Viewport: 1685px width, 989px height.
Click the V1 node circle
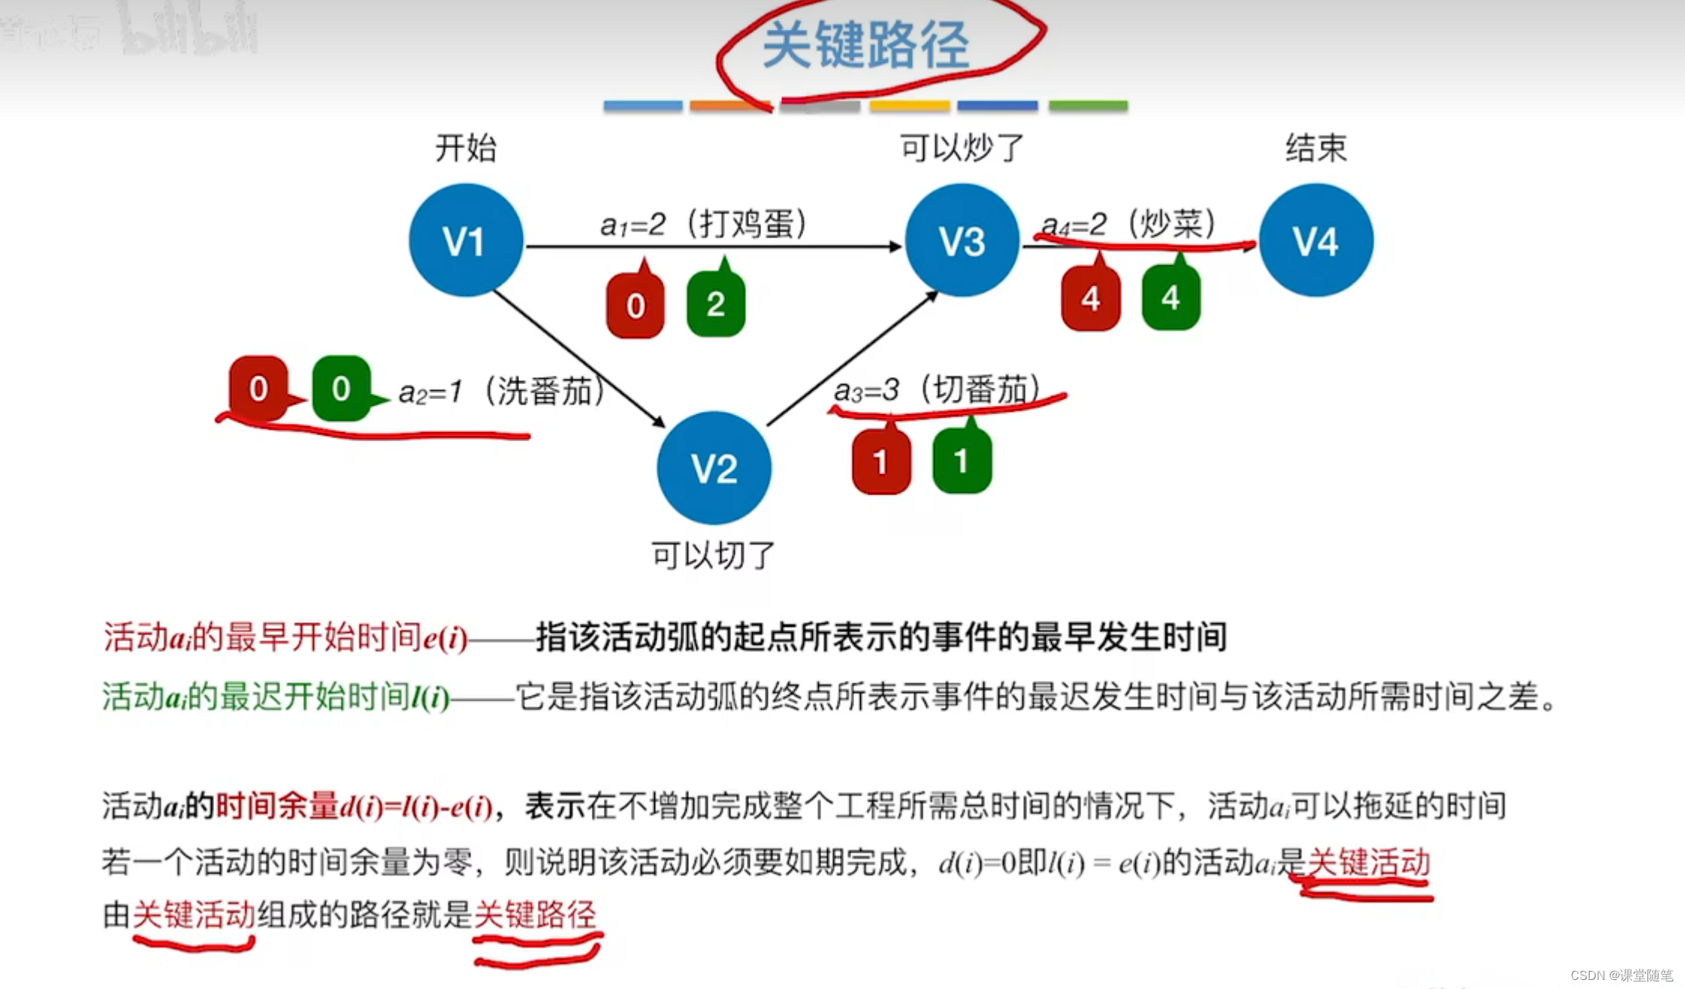point(466,240)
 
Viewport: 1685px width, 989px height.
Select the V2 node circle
point(714,467)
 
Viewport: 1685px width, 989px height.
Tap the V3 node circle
point(962,240)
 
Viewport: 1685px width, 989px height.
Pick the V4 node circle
point(1316,240)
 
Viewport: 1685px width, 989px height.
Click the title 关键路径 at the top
point(866,45)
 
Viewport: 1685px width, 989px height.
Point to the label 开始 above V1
point(466,147)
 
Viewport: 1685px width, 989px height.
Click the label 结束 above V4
point(1316,147)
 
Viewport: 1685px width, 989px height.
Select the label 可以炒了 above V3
point(962,147)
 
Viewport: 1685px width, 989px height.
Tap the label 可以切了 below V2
point(713,555)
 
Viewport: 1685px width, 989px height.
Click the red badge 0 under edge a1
point(636,305)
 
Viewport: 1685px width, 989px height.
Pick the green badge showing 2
point(716,304)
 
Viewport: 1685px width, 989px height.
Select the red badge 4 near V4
point(1091,298)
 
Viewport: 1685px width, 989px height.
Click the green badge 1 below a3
point(962,461)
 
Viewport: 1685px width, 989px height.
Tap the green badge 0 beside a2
point(341,389)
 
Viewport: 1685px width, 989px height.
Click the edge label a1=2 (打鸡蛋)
point(703,224)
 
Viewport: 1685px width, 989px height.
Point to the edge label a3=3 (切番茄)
point(938,390)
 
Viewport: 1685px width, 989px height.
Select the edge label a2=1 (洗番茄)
point(502,392)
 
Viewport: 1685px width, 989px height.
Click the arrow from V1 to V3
point(714,246)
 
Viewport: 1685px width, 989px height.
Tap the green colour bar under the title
point(1088,106)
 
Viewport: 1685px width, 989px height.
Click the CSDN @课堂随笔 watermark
point(1621,975)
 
